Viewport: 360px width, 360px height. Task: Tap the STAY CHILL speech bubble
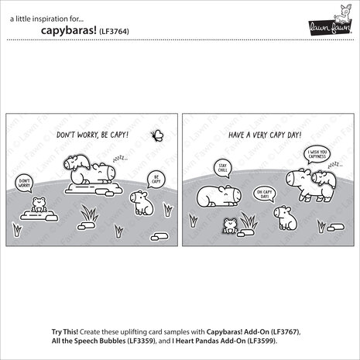click(223, 167)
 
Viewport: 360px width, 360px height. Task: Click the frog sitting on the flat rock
click(36, 205)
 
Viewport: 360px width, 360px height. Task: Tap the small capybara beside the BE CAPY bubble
click(139, 202)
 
